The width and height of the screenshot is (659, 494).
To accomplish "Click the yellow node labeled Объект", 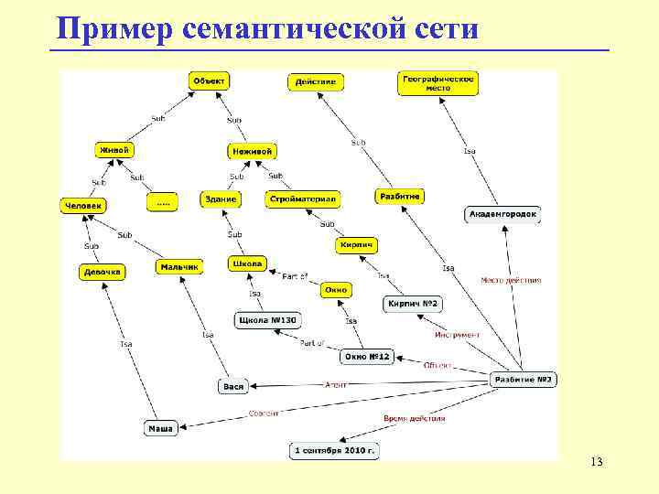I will tap(209, 81).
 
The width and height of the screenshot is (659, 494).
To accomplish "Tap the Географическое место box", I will tap(438, 82).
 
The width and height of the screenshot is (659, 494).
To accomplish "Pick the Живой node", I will tap(114, 149).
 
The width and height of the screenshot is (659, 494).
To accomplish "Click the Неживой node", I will tap(251, 151).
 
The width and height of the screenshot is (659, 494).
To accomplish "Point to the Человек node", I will tap(83, 206).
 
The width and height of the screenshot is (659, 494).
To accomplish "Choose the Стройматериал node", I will tap(303, 199).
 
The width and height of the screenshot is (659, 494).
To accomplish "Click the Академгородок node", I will tap(503, 214).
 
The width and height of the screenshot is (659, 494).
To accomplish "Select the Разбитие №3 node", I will tap(524, 379).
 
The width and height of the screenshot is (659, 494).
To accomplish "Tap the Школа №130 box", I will tap(267, 320).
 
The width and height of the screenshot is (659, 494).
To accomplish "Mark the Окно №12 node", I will tap(367, 356).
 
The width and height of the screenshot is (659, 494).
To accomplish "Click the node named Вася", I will tap(233, 386).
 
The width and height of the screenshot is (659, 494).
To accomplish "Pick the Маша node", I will tap(160, 428).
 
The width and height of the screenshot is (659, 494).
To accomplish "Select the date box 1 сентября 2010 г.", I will tap(335, 451).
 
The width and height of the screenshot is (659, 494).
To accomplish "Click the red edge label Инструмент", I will tap(457, 335).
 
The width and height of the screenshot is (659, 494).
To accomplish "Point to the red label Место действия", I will tap(511, 281).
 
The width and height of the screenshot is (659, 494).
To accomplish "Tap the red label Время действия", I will tap(414, 418).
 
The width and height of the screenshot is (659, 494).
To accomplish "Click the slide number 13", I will tap(596, 461).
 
